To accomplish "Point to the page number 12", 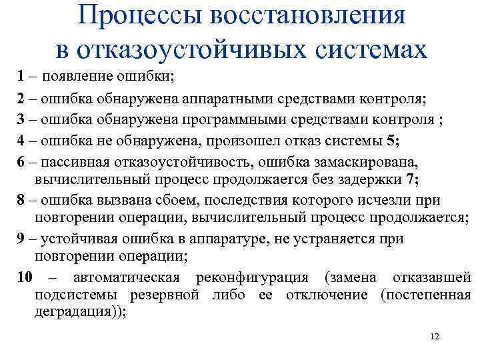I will point(435,337).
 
